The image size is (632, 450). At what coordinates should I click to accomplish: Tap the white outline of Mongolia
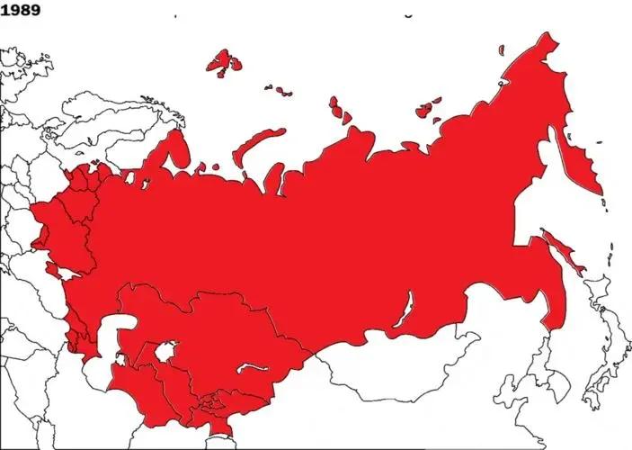click(x=396, y=355)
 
